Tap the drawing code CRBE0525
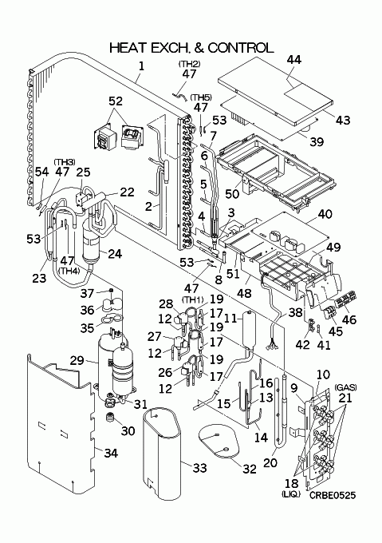(x=333, y=495)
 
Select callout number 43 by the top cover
(x=343, y=120)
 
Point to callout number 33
(x=199, y=468)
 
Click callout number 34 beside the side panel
(x=111, y=453)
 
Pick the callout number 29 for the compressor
(x=77, y=360)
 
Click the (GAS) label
(x=345, y=387)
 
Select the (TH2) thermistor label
(x=190, y=64)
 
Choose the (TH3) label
(x=65, y=162)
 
